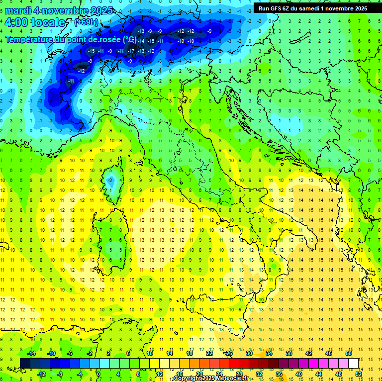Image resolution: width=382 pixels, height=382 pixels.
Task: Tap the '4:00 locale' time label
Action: (35, 23)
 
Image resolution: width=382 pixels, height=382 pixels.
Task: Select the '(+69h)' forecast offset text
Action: (86, 22)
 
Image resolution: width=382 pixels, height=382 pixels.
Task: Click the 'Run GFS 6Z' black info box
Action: (313, 8)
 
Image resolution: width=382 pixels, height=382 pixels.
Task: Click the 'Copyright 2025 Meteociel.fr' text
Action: (211, 379)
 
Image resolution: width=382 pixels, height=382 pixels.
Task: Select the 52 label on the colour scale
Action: (358, 374)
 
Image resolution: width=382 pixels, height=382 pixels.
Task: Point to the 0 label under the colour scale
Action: (98, 374)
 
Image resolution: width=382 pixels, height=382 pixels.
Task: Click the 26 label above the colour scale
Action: (229, 353)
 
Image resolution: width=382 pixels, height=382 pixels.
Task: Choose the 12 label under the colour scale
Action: (160, 374)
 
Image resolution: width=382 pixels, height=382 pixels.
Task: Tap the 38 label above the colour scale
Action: (288, 353)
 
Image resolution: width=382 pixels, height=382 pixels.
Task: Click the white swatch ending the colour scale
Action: (353, 364)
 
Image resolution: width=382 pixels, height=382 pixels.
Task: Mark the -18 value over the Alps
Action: (151, 41)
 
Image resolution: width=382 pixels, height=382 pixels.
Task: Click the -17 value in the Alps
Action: (131, 51)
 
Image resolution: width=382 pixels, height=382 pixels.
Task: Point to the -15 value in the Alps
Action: (91, 51)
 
